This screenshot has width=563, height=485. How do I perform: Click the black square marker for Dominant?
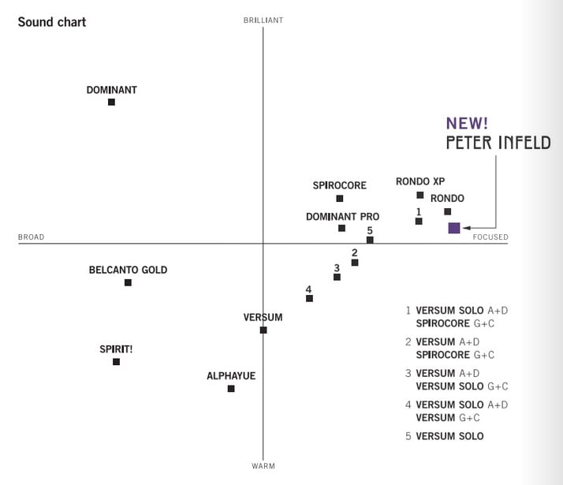(x=111, y=102)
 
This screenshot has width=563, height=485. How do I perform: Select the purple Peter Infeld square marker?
(x=454, y=228)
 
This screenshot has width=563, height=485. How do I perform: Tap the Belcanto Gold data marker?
(x=128, y=282)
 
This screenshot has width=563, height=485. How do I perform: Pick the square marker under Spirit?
(x=116, y=362)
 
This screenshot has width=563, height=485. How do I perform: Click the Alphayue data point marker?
(x=231, y=389)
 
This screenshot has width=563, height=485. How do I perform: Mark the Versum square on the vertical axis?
(x=263, y=330)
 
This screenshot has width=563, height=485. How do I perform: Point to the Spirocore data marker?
(x=340, y=199)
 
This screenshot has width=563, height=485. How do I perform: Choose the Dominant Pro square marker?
(x=341, y=228)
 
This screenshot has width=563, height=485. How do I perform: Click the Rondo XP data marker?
(x=420, y=195)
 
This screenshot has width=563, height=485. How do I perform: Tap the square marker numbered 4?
(x=309, y=298)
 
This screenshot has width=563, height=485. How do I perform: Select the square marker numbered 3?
(x=337, y=277)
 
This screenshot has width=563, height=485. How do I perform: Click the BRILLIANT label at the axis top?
(x=263, y=20)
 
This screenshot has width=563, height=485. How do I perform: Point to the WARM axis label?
(x=263, y=466)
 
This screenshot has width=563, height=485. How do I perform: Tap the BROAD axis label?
(x=32, y=237)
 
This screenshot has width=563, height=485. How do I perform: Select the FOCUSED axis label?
(x=490, y=237)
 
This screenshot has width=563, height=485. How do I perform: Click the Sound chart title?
(x=52, y=21)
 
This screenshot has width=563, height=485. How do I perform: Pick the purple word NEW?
(x=468, y=123)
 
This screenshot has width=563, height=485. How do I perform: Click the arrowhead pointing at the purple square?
(x=466, y=228)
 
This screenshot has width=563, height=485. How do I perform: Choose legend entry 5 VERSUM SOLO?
(x=445, y=436)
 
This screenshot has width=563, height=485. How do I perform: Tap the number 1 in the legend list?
(x=408, y=311)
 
